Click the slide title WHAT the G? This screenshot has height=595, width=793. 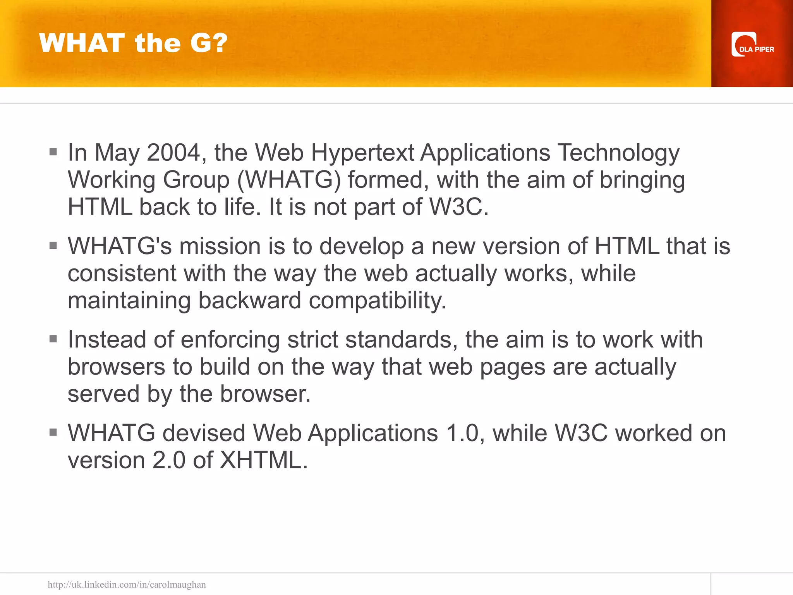point(133,43)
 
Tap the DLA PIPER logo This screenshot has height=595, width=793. point(752,45)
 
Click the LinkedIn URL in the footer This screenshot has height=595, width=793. point(127,584)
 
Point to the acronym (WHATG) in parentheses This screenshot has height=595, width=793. point(289,181)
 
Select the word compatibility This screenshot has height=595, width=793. point(378,301)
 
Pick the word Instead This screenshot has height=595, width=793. point(107,340)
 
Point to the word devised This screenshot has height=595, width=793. point(204,433)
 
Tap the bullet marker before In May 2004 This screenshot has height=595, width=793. point(53,152)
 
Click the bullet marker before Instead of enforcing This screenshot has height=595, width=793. point(53,339)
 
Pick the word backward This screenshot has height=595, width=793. point(250,301)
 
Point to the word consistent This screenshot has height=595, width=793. point(122,274)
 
